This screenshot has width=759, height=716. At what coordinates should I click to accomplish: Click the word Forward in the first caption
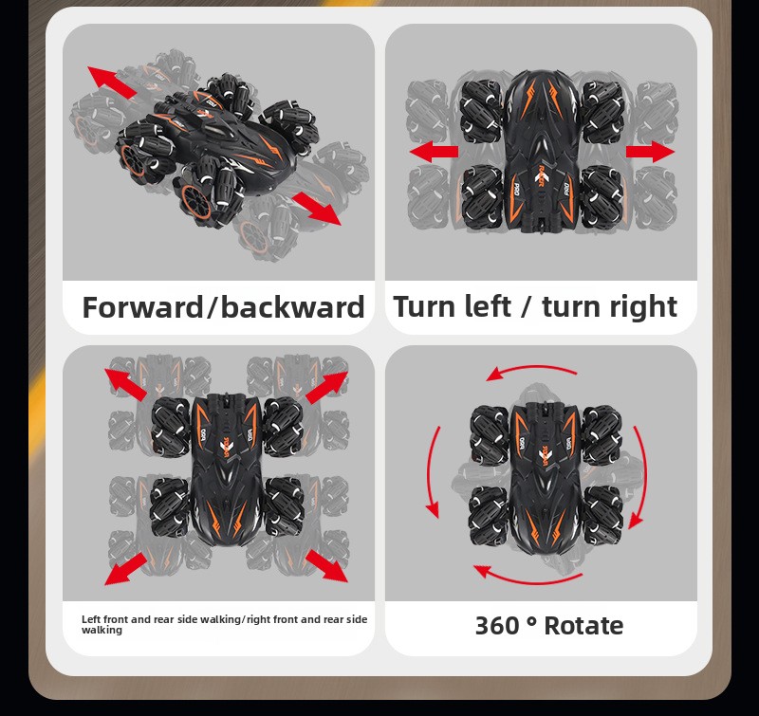click(143, 307)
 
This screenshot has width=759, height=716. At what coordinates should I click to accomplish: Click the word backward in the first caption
click(292, 307)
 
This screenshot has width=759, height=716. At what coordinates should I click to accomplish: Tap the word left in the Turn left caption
click(487, 305)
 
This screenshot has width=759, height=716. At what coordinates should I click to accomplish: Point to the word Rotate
click(583, 625)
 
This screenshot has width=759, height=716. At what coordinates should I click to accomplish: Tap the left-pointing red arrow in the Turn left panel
click(434, 152)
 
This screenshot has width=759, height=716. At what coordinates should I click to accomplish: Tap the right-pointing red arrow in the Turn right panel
click(650, 152)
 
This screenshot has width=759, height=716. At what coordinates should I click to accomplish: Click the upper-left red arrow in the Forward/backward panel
click(112, 83)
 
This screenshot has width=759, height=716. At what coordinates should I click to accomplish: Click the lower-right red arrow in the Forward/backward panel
click(317, 208)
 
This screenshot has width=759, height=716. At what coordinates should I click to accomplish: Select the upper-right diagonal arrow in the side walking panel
click(326, 387)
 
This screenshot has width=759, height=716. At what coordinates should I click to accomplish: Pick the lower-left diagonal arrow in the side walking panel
click(126, 569)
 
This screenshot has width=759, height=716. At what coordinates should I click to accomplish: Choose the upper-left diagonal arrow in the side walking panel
click(126, 385)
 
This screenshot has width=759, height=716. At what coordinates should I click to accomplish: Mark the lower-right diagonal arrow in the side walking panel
click(326, 566)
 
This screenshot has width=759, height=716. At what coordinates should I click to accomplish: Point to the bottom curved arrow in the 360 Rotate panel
click(530, 578)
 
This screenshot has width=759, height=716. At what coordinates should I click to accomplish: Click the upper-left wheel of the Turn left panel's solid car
click(481, 112)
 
